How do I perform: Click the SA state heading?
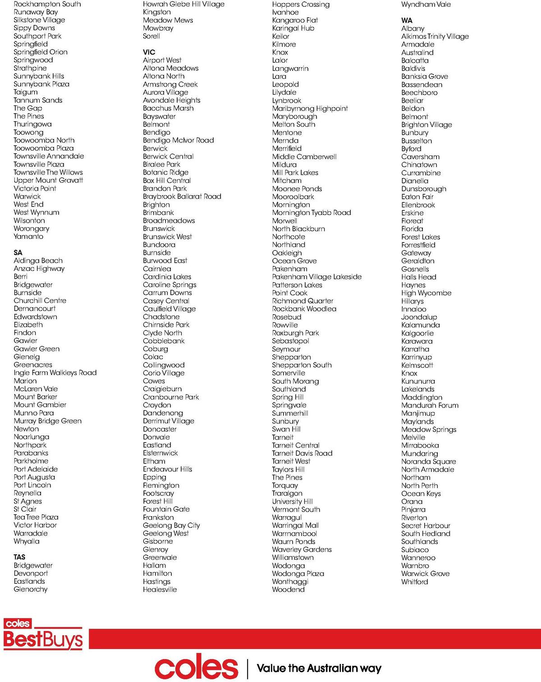pos(18,252)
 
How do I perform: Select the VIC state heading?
pos(149,52)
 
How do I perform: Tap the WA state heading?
pos(407,20)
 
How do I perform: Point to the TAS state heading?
pos(19,557)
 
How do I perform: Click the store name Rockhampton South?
pos(47,4)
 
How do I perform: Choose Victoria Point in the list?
pos(35,188)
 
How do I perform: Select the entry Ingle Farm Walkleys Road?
pos(55,373)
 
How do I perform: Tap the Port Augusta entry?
pos(34,477)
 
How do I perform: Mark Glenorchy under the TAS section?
pos(30,589)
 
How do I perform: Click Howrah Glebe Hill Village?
pos(183,4)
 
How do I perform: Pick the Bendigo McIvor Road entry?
pos(178,140)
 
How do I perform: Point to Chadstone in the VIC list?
pos(161,317)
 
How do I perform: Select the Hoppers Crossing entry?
pos(301,5)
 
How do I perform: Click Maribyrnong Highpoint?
pos(310,109)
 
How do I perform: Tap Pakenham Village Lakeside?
pos(316,277)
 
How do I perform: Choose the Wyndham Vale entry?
pos(426,5)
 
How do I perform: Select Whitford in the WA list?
pos(414,581)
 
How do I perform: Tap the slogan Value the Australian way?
pos(319,668)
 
